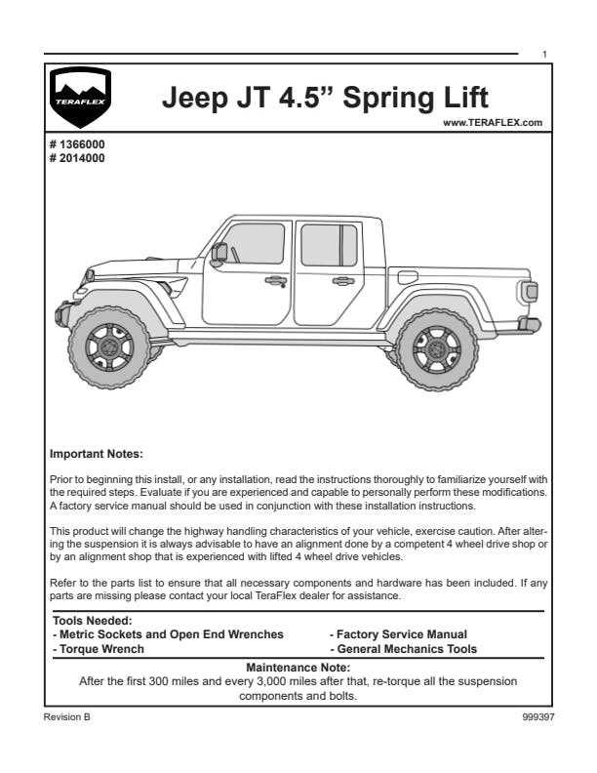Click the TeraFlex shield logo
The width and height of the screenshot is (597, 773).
[x=80, y=99]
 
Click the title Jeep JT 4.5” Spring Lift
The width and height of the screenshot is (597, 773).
[x=324, y=99]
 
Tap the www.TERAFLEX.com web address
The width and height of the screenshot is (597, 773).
[x=492, y=123]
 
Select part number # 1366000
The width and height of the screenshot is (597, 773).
[x=77, y=144]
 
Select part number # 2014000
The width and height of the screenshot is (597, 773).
[x=77, y=156]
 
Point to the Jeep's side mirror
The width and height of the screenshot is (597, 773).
[x=220, y=253]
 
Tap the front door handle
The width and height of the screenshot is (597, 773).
[x=276, y=280]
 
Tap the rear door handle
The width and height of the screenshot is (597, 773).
[x=342, y=281]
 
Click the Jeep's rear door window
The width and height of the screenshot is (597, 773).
[x=329, y=245]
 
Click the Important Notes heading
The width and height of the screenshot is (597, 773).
[x=96, y=454]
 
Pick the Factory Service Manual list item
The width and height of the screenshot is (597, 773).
[x=398, y=634]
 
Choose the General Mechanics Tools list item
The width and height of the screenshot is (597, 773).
[x=403, y=649]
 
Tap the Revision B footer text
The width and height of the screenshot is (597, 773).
[x=66, y=716]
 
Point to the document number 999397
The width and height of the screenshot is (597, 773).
[x=538, y=716]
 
